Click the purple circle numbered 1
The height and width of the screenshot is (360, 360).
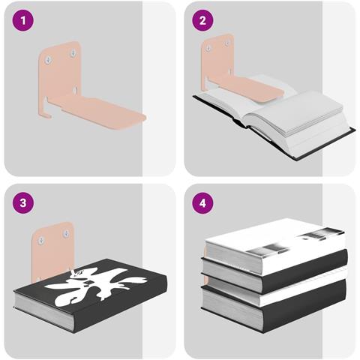click(23, 20)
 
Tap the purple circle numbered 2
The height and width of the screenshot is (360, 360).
click(202, 20)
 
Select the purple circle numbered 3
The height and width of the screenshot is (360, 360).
click(23, 202)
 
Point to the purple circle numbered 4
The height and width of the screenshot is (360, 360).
click(202, 202)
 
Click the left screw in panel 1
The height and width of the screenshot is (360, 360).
click(49, 60)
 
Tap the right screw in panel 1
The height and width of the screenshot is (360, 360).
click(73, 53)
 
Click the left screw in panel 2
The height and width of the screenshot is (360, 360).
click(208, 48)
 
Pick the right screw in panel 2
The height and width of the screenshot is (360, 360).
click(227, 43)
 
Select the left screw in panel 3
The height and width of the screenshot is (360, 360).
click(41, 241)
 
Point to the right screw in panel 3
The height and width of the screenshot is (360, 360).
click(66, 234)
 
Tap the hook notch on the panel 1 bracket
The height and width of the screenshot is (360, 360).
click(47, 107)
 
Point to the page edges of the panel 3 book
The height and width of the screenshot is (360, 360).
click(43, 309)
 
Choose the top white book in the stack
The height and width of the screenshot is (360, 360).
click(275, 245)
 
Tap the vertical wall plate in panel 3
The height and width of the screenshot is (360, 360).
click(52, 250)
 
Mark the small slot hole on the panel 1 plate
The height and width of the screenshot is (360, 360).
click(75, 90)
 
